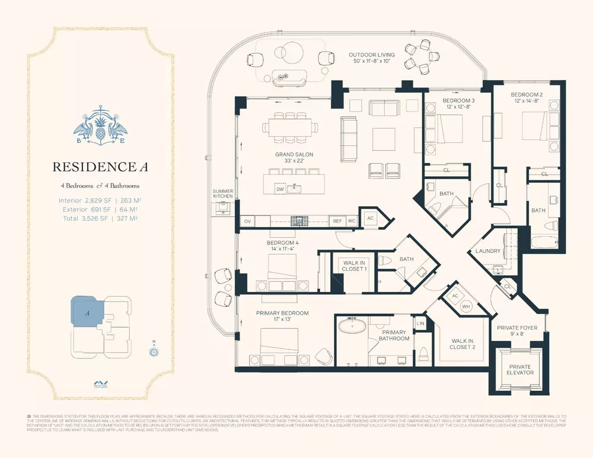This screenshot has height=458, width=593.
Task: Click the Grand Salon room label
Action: (294, 158)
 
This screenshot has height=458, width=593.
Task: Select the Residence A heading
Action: (100, 167)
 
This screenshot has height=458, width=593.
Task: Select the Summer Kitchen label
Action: (224, 193)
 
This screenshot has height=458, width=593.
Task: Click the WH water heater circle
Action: (466, 306)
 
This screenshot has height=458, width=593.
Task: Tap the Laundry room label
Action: (487, 251)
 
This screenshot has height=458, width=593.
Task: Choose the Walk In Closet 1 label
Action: (355, 265)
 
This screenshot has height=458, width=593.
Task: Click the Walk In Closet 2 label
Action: (463, 343)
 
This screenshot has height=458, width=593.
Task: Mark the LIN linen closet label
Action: (420, 323)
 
